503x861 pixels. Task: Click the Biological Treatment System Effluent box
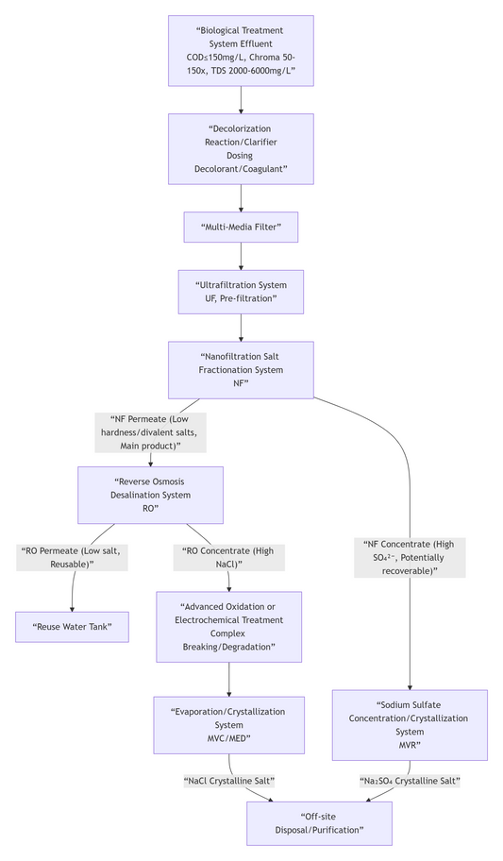[x=241, y=50]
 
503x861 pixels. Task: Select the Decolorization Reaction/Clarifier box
[x=241, y=149]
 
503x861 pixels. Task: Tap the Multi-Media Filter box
[x=241, y=227]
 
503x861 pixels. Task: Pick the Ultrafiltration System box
[x=241, y=292]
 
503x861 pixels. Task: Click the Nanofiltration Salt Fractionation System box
[x=241, y=370]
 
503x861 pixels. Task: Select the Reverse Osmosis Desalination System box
[x=150, y=495]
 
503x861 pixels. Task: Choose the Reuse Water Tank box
[x=72, y=627]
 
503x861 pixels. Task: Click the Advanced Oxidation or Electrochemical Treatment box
[x=229, y=627]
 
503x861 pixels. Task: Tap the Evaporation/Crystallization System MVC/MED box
[x=229, y=725]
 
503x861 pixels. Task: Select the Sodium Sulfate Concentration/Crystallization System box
[x=410, y=725]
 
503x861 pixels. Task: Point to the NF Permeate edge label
[x=150, y=432]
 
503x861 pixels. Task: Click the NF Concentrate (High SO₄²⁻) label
[x=410, y=557]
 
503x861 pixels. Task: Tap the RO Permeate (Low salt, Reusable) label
[x=72, y=557]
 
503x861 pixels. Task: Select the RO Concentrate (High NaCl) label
[x=229, y=557]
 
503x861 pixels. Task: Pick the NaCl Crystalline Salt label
[x=229, y=781]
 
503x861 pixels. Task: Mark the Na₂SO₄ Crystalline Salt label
[x=410, y=781]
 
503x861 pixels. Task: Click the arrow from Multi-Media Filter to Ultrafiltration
[x=241, y=256]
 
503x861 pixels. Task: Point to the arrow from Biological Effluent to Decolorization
[x=241, y=99]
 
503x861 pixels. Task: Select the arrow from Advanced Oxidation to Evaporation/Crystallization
[x=229, y=679]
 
